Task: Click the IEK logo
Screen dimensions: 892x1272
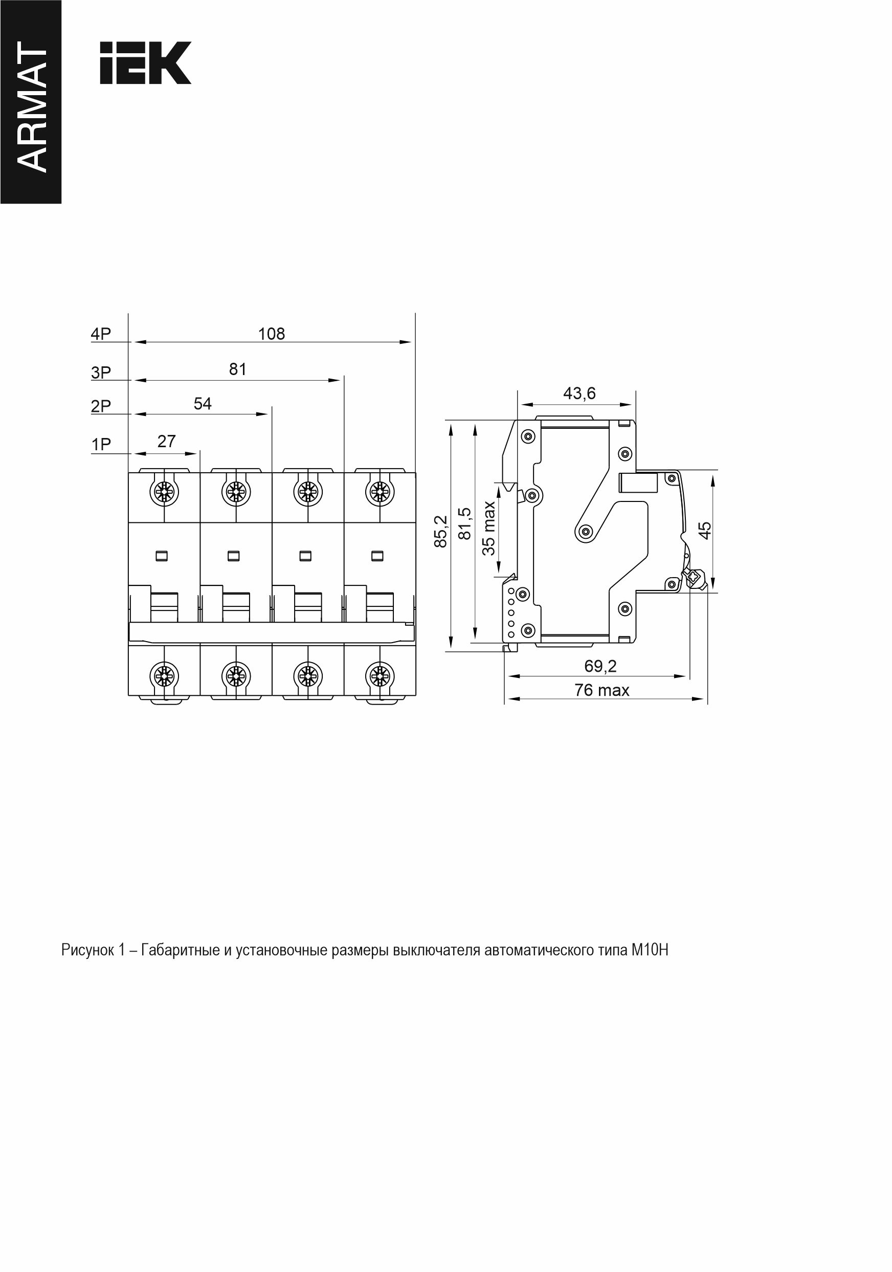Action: click(x=146, y=62)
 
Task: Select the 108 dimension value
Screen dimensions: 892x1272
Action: click(x=271, y=334)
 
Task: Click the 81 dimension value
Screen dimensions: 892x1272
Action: click(x=237, y=369)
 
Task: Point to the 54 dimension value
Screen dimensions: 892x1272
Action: click(x=203, y=403)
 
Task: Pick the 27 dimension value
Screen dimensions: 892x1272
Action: click(x=166, y=441)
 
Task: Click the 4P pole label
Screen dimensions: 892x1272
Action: click(x=101, y=334)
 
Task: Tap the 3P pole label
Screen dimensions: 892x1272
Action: click(x=101, y=373)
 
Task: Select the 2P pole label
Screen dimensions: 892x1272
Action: click(x=101, y=406)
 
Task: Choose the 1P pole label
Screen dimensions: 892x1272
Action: click(x=101, y=444)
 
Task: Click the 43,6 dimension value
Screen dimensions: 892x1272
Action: click(x=579, y=393)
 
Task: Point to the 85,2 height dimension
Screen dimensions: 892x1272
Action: click(x=440, y=531)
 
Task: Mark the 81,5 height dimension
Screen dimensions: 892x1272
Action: click(x=464, y=523)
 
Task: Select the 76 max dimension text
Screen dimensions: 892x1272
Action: click(x=602, y=690)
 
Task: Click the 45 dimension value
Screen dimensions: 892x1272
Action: click(x=705, y=530)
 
